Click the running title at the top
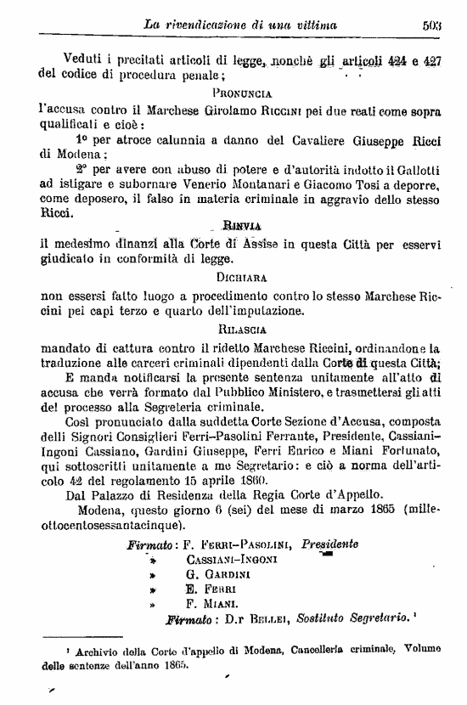click(241, 25)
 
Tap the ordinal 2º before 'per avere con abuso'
click(82, 170)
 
